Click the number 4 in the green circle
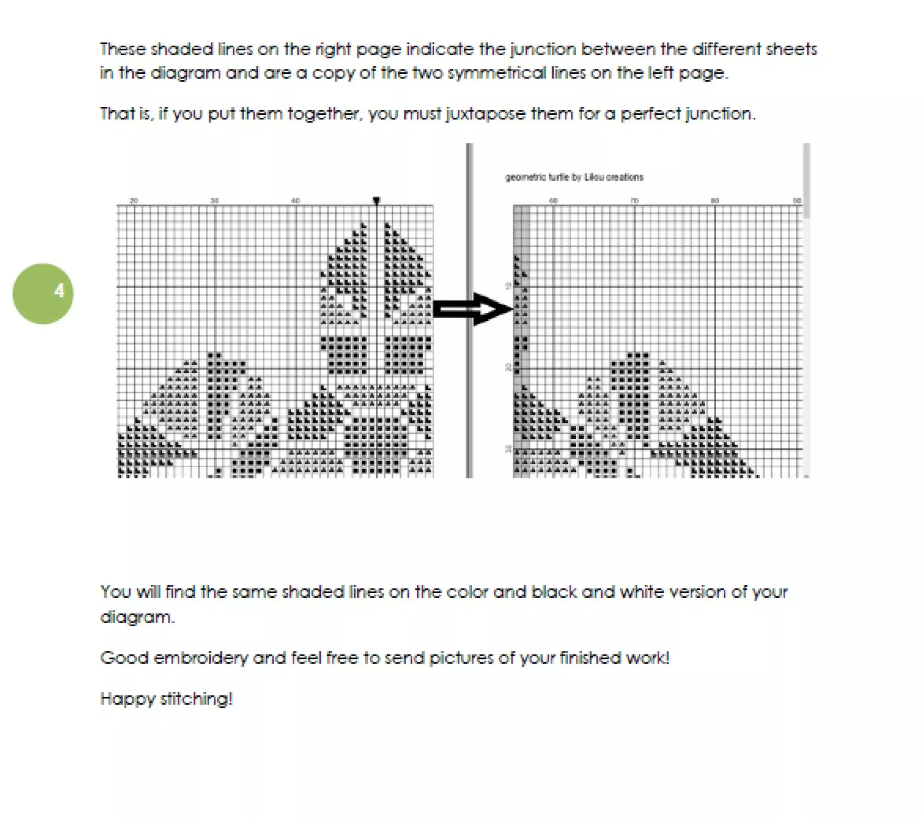(x=59, y=291)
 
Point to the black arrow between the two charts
(x=473, y=309)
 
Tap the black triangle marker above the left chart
(x=376, y=200)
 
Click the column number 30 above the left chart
(x=214, y=200)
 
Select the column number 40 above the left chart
(x=296, y=200)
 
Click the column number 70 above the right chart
(x=634, y=200)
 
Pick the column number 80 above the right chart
(x=715, y=200)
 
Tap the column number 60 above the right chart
(x=554, y=200)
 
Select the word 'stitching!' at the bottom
(x=196, y=699)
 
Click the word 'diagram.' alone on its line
(x=137, y=617)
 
